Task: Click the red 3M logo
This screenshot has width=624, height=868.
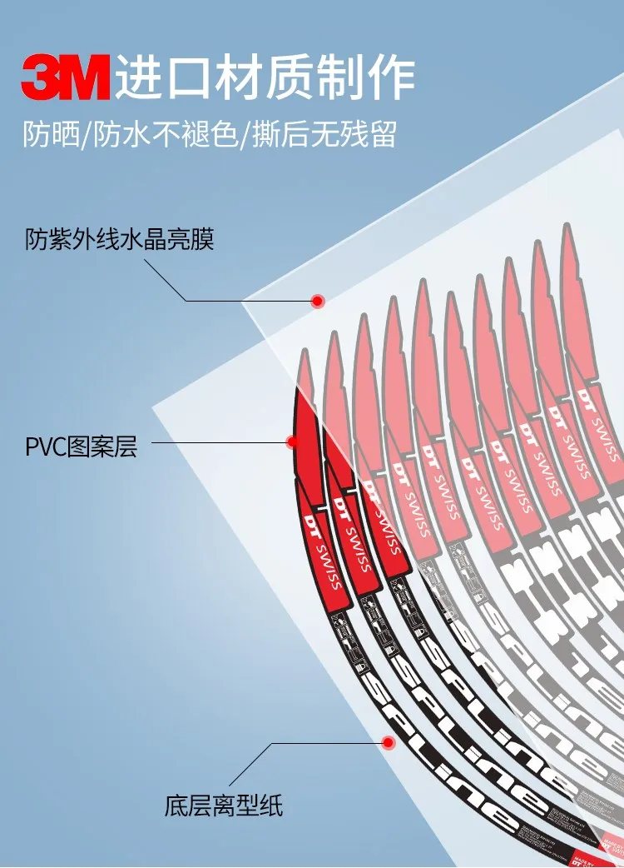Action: pos(66,77)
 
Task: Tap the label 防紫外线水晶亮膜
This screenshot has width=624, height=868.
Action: pos(119,241)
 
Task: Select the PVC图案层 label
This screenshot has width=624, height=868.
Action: pos(81,447)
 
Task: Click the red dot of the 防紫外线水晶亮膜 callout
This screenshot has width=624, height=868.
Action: pos(317,301)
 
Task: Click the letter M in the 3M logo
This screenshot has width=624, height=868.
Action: pos(86,77)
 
